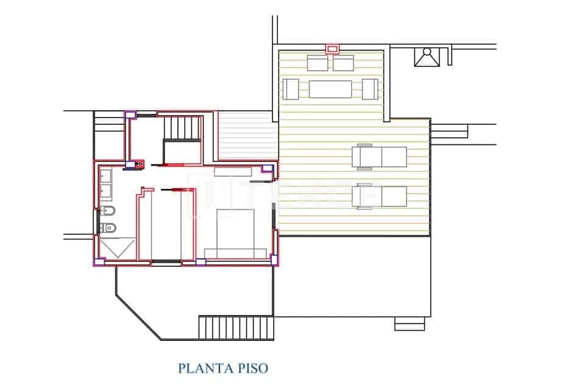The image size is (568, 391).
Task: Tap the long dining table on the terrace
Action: point(330,89)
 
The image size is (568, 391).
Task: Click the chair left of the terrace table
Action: point(290,89)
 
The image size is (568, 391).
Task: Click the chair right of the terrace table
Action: point(370,89)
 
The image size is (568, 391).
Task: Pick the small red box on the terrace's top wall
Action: point(332,48)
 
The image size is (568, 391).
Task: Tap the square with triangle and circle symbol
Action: point(427,57)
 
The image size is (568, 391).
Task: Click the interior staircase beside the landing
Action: point(183,129)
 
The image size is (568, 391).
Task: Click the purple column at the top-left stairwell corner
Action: point(129,114)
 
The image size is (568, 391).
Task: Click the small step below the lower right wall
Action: point(410,324)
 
